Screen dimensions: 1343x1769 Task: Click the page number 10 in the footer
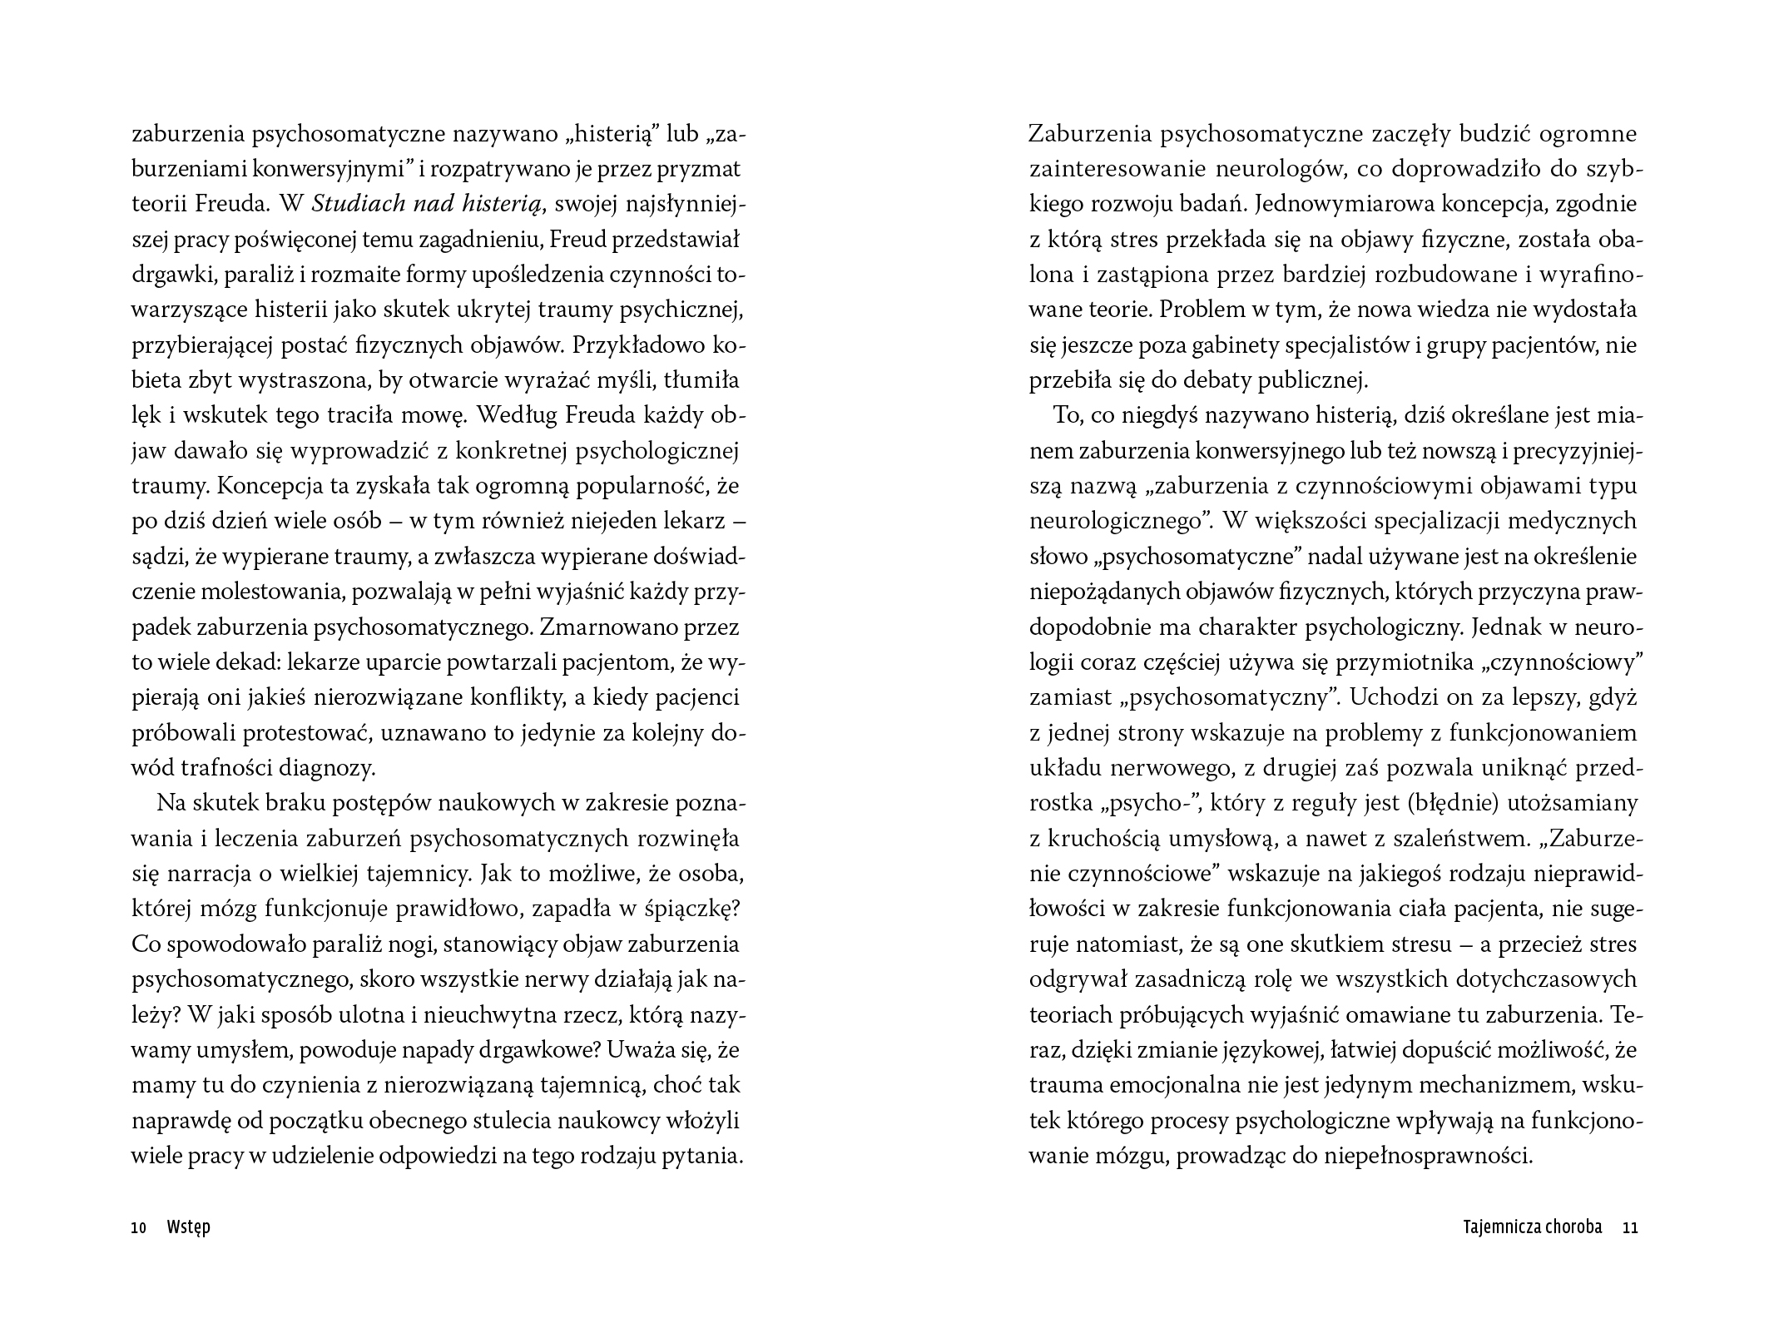(x=139, y=1228)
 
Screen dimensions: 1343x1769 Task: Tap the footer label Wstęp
(x=188, y=1228)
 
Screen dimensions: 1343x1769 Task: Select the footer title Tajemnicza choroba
(x=1531, y=1227)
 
